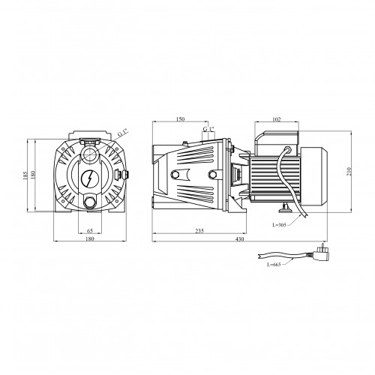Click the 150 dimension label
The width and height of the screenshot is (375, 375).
pos(180,119)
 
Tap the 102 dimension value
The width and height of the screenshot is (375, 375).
pos(277,119)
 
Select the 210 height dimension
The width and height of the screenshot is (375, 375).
pos(349,171)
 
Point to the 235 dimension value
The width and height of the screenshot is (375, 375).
pos(199,230)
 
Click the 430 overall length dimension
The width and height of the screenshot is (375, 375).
pos(239,238)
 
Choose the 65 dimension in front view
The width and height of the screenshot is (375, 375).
pos(90,230)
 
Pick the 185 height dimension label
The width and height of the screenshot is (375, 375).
pos(25,175)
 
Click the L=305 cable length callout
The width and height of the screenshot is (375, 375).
pos(279,225)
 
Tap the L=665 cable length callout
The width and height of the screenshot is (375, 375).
pos(274,265)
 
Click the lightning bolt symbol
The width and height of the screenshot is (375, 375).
pos(89,178)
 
